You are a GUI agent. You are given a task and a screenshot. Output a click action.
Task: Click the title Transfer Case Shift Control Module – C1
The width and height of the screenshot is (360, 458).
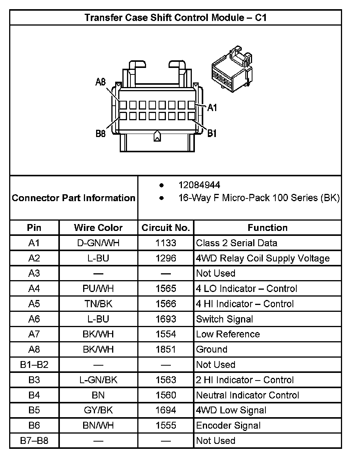coord(175,18)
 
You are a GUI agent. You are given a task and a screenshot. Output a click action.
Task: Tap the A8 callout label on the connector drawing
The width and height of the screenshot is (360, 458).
coord(101,82)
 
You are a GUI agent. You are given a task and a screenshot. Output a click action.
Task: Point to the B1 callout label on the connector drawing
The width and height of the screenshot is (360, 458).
coord(212,133)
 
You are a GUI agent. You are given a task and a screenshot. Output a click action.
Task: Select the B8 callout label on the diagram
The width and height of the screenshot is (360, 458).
coord(101,134)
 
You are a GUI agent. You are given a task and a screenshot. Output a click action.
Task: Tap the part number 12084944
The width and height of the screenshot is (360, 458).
coord(199,185)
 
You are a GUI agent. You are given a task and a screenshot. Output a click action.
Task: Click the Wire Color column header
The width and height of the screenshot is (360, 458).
coord(98,228)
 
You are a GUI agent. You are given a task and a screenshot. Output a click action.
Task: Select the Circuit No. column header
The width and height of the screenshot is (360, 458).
coord(166,228)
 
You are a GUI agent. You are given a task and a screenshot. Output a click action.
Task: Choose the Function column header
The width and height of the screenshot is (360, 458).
coord(267,228)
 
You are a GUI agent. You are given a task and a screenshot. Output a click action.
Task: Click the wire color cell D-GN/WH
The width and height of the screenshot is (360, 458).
coord(98,243)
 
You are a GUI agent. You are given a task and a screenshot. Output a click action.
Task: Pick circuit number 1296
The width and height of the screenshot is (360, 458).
coord(166,258)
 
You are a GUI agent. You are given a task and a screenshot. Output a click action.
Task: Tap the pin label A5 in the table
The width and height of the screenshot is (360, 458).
coord(34,304)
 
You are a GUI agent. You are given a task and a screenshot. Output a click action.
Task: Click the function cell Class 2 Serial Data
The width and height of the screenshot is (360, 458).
coord(236,243)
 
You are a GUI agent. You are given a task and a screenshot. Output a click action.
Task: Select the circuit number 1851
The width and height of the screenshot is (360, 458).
coord(166,349)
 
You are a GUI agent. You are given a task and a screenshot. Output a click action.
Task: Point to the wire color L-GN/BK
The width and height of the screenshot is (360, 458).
coord(98,380)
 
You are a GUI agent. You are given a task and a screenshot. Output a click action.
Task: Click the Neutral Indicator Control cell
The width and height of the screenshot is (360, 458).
coord(247,395)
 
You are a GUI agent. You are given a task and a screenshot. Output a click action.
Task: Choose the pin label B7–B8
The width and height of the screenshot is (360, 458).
coord(34,441)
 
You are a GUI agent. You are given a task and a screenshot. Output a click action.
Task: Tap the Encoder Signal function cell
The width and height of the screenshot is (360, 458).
coord(228,426)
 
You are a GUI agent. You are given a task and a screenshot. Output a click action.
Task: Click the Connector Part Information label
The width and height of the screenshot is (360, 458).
coord(74,198)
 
